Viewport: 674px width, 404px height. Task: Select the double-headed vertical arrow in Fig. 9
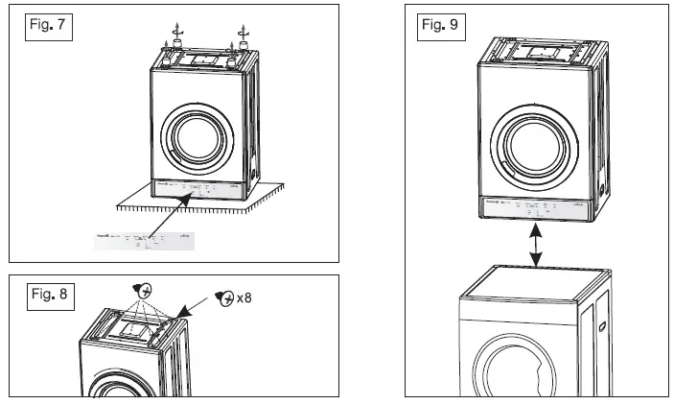[539, 248]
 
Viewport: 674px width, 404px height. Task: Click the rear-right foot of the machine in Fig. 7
[244, 44]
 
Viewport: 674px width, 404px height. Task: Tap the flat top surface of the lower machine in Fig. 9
[532, 282]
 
